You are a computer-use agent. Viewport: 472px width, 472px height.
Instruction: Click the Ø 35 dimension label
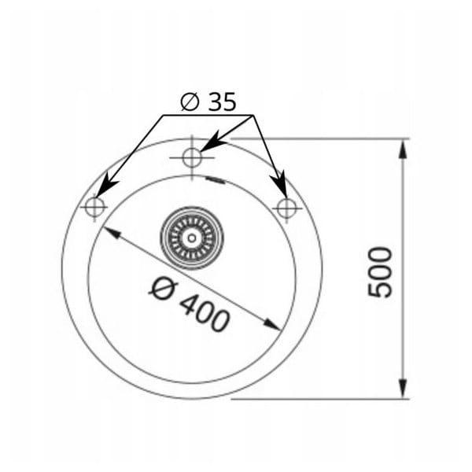208,101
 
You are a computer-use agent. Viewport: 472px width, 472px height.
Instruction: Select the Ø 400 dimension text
190,304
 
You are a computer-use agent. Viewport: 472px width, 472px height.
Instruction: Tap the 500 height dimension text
381,272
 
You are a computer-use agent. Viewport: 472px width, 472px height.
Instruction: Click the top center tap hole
192,157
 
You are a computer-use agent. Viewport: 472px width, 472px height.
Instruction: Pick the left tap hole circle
95,207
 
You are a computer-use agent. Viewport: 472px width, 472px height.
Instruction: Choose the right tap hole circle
286,208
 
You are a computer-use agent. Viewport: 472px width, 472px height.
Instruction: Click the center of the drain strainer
192,238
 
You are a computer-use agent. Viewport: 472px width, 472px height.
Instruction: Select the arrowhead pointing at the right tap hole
279,184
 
